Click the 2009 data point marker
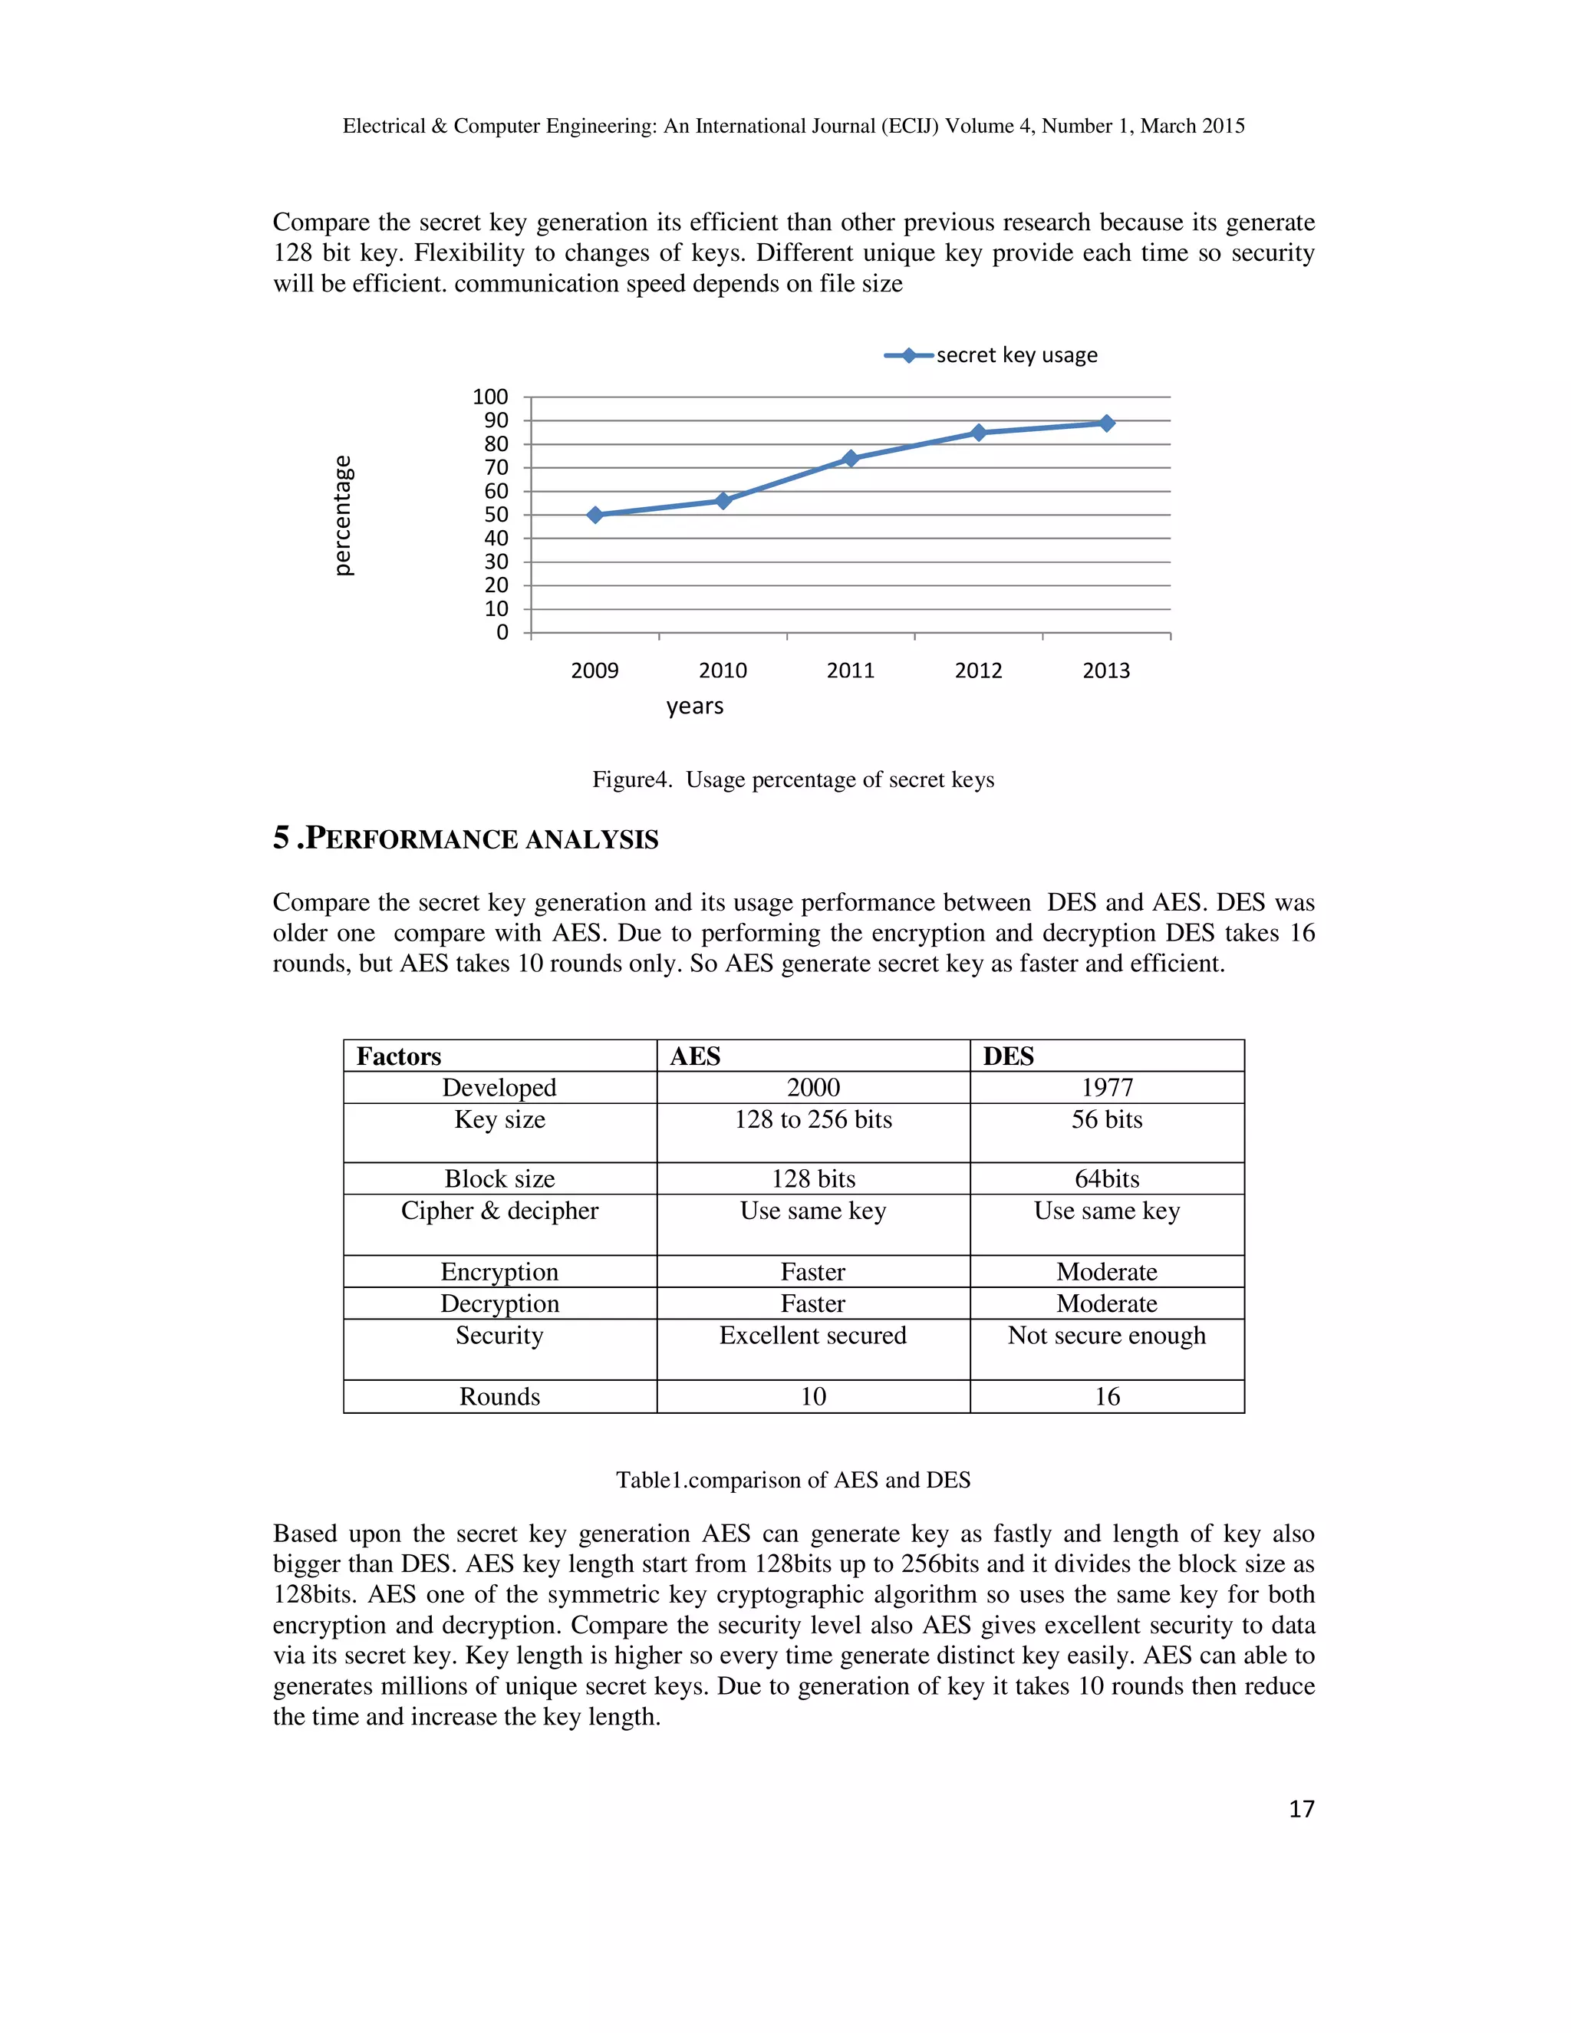click(x=595, y=515)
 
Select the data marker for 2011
click(x=851, y=458)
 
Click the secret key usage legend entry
click(x=992, y=356)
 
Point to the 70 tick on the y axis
click(x=496, y=467)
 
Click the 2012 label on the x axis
click(x=978, y=671)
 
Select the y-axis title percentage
click(x=344, y=515)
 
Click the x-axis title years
click(x=694, y=707)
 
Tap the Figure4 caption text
click(x=793, y=780)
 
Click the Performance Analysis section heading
click(x=466, y=839)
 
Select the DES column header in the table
click(x=1008, y=1056)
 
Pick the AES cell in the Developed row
click(x=812, y=1087)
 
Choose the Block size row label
click(x=500, y=1178)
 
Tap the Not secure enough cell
click(x=1107, y=1336)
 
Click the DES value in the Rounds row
click(x=1107, y=1396)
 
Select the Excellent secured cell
click(x=812, y=1336)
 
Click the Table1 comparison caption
click(x=793, y=1480)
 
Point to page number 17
click(x=1301, y=1809)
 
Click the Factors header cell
click(x=399, y=1056)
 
